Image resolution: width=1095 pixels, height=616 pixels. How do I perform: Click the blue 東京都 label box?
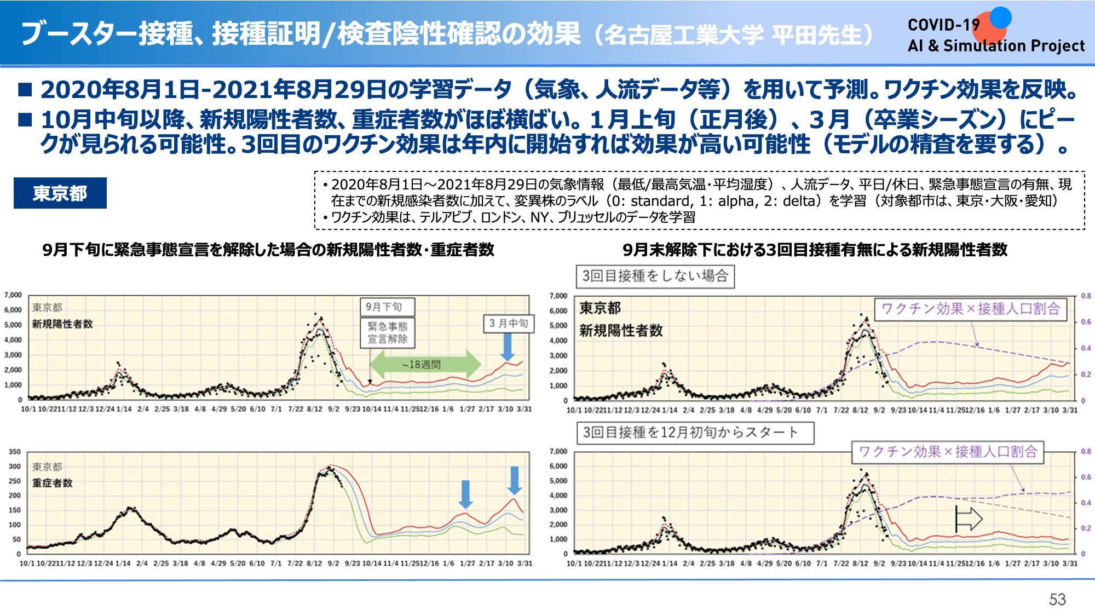[x=60, y=193]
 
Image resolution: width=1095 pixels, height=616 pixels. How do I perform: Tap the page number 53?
[x=1057, y=600]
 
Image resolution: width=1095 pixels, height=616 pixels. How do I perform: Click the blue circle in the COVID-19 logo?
[x=1000, y=17]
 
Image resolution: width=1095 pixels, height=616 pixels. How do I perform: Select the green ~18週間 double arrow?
[x=425, y=364]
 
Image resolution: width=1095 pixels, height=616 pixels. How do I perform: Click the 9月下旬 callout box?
[x=387, y=307]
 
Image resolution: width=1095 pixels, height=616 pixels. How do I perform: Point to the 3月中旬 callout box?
[x=508, y=324]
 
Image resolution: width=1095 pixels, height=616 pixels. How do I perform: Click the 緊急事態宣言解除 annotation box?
[x=388, y=333]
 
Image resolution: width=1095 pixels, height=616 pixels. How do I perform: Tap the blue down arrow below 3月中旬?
[x=508, y=347]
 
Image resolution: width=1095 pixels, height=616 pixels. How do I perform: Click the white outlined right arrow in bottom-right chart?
[x=969, y=519]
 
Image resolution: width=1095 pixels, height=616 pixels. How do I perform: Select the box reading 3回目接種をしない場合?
[x=655, y=276]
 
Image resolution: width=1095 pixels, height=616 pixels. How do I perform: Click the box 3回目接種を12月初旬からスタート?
[x=695, y=433]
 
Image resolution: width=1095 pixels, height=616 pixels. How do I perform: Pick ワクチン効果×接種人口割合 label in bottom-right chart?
[x=948, y=452]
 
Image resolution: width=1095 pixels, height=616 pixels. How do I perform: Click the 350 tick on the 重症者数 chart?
[x=15, y=452]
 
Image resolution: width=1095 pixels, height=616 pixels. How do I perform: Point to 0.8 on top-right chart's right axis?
[x=1086, y=296]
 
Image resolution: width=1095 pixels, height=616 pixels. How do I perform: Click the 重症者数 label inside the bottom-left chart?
[x=53, y=483]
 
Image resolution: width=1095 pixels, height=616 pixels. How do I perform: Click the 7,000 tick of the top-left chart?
[x=13, y=295]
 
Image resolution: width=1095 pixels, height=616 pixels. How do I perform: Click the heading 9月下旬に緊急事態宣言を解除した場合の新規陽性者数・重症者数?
[x=268, y=250]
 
